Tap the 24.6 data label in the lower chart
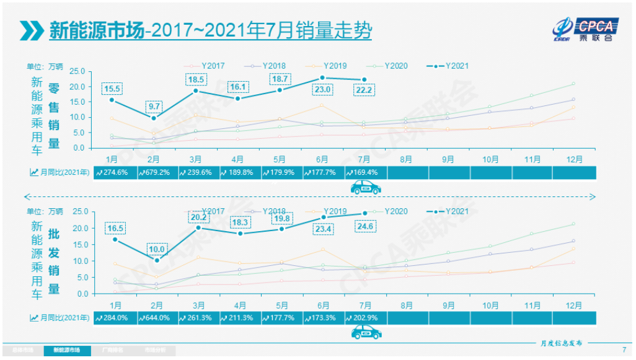click(365, 226)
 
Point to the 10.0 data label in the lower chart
click(157, 250)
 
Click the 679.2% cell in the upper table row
click(157, 172)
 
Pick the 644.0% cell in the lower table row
click(157, 318)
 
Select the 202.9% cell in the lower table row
click(365, 318)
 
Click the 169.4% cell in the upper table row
click(365, 172)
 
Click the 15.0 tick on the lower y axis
click(77, 244)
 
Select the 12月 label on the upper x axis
click(574, 159)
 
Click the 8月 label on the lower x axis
click(407, 305)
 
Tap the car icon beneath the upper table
click(365, 187)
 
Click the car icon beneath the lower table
click(365, 333)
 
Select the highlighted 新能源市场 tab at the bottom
click(66, 350)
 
